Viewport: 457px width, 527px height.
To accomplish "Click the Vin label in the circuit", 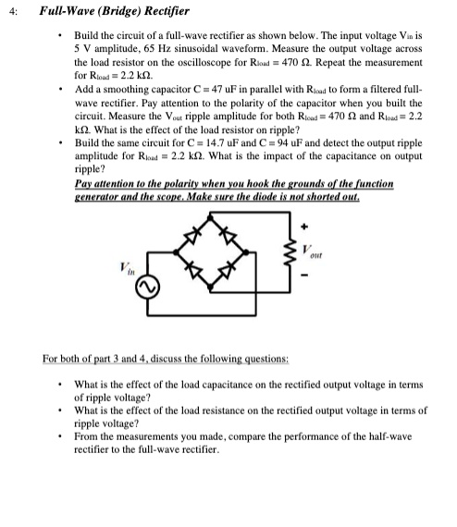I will (x=125, y=267).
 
